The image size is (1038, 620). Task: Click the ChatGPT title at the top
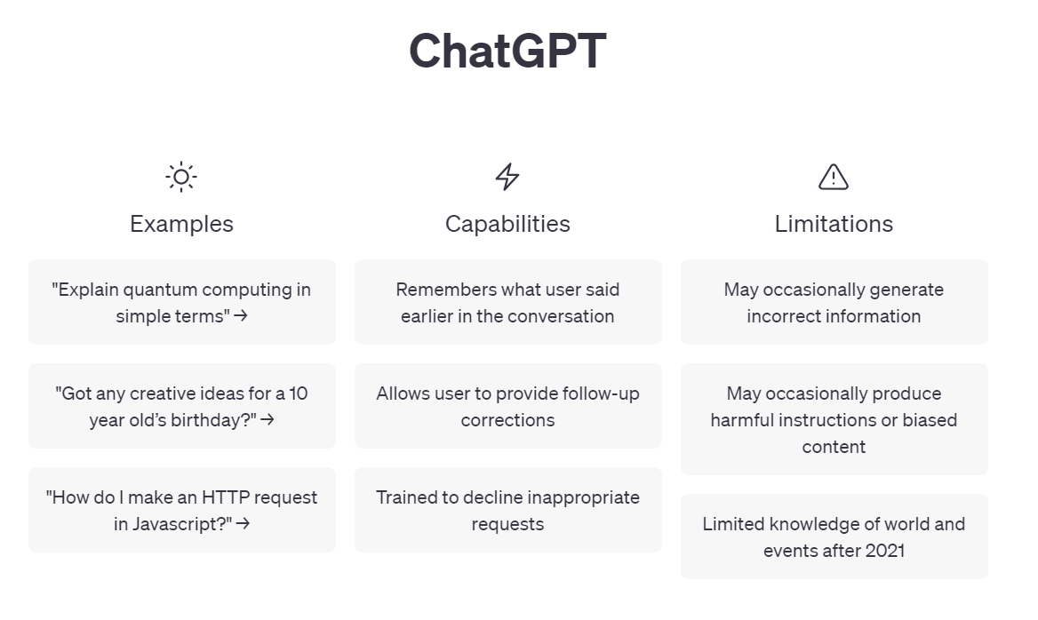(507, 51)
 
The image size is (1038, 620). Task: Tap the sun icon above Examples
(181, 177)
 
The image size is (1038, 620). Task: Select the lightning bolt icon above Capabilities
(507, 177)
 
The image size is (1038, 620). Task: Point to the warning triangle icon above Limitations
(834, 177)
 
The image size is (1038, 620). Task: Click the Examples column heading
(181, 224)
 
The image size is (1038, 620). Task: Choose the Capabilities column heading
(507, 224)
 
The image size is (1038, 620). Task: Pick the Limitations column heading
(834, 224)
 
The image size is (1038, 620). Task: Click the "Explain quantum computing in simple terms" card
(182, 302)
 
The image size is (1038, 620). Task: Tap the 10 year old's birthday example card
(182, 406)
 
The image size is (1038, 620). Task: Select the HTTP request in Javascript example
(182, 510)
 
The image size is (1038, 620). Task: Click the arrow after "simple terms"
(241, 316)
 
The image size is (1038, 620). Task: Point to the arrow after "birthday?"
(267, 420)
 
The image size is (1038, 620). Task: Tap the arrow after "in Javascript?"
(243, 524)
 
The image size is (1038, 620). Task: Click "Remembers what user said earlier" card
(507, 302)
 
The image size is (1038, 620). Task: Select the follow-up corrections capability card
(507, 406)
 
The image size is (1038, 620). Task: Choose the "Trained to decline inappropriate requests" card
(507, 510)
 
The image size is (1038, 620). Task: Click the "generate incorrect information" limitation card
(834, 302)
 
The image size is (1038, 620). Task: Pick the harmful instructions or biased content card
(834, 419)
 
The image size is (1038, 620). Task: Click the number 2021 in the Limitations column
(885, 551)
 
